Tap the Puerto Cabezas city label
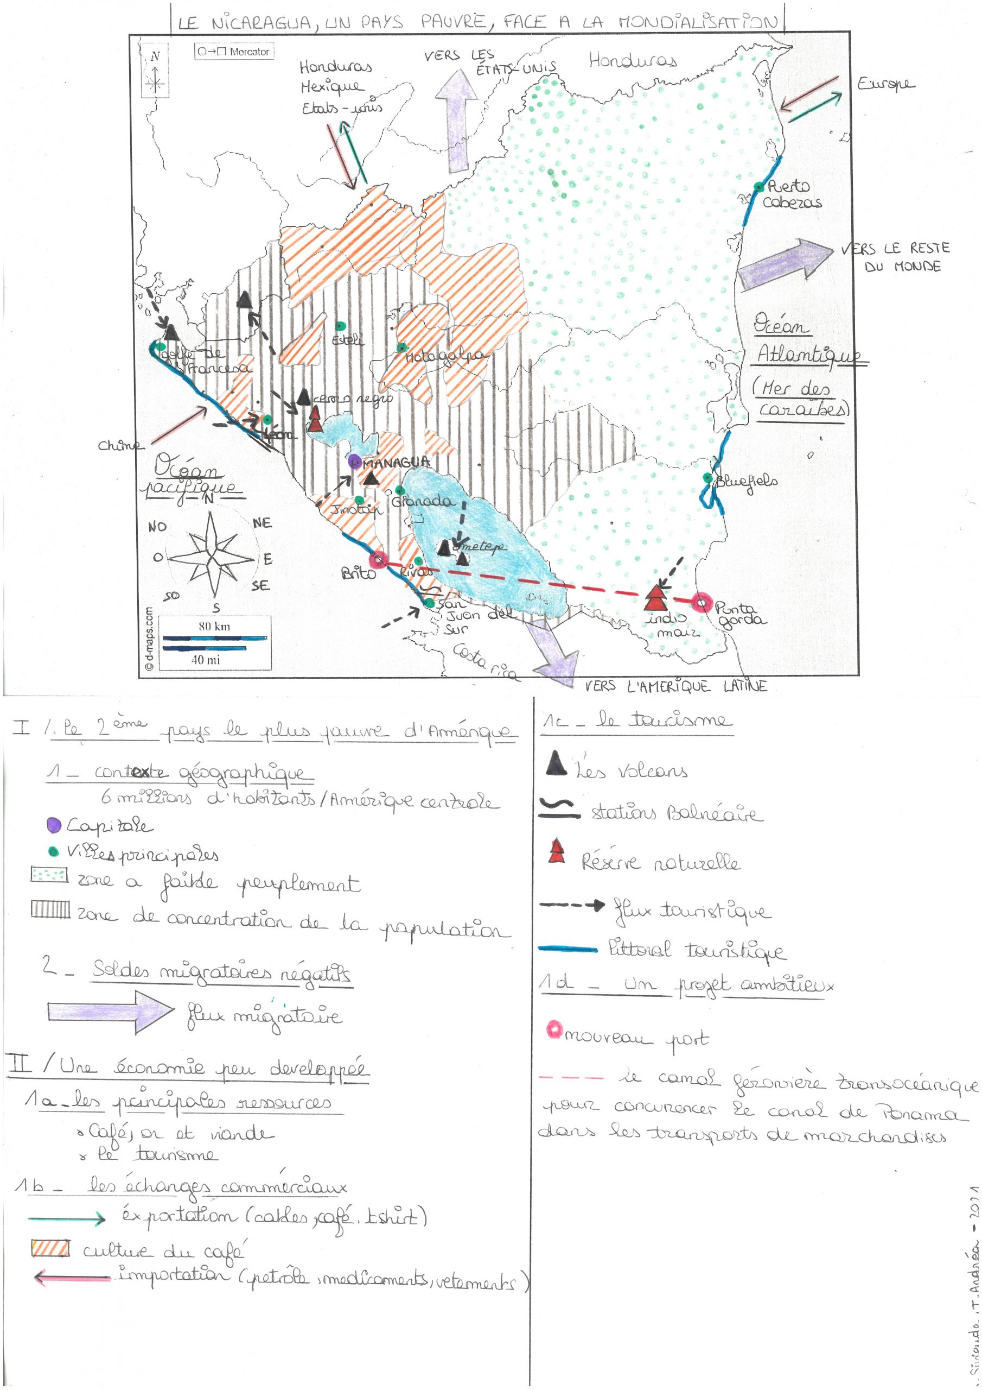pos(791,194)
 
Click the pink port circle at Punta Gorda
pos(702,602)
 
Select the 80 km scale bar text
pos(214,626)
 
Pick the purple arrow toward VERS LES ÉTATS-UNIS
pos(457,121)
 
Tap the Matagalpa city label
pos(445,357)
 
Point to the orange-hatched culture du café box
pos(50,1248)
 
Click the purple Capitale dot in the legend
pos(54,825)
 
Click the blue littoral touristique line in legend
pos(567,949)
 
